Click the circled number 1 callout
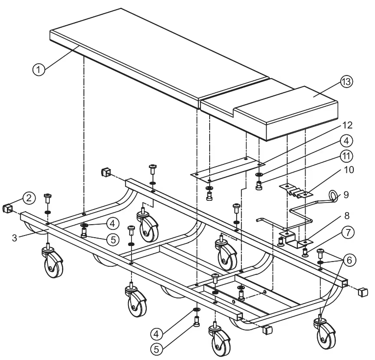(x=39, y=70)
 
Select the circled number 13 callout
(x=346, y=82)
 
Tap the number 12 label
(x=347, y=125)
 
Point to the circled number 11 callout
(x=346, y=156)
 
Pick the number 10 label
(x=349, y=170)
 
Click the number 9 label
(x=346, y=195)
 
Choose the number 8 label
(x=347, y=216)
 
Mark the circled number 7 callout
(x=348, y=232)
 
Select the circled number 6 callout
(x=349, y=260)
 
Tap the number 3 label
(x=15, y=238)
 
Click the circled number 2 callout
(x=29, y=198)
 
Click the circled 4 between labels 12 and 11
(x=346, y=141)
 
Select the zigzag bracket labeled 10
(x=296, y=191)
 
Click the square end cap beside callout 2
(x=7, y=209)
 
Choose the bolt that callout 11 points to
(x=259, y=186)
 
